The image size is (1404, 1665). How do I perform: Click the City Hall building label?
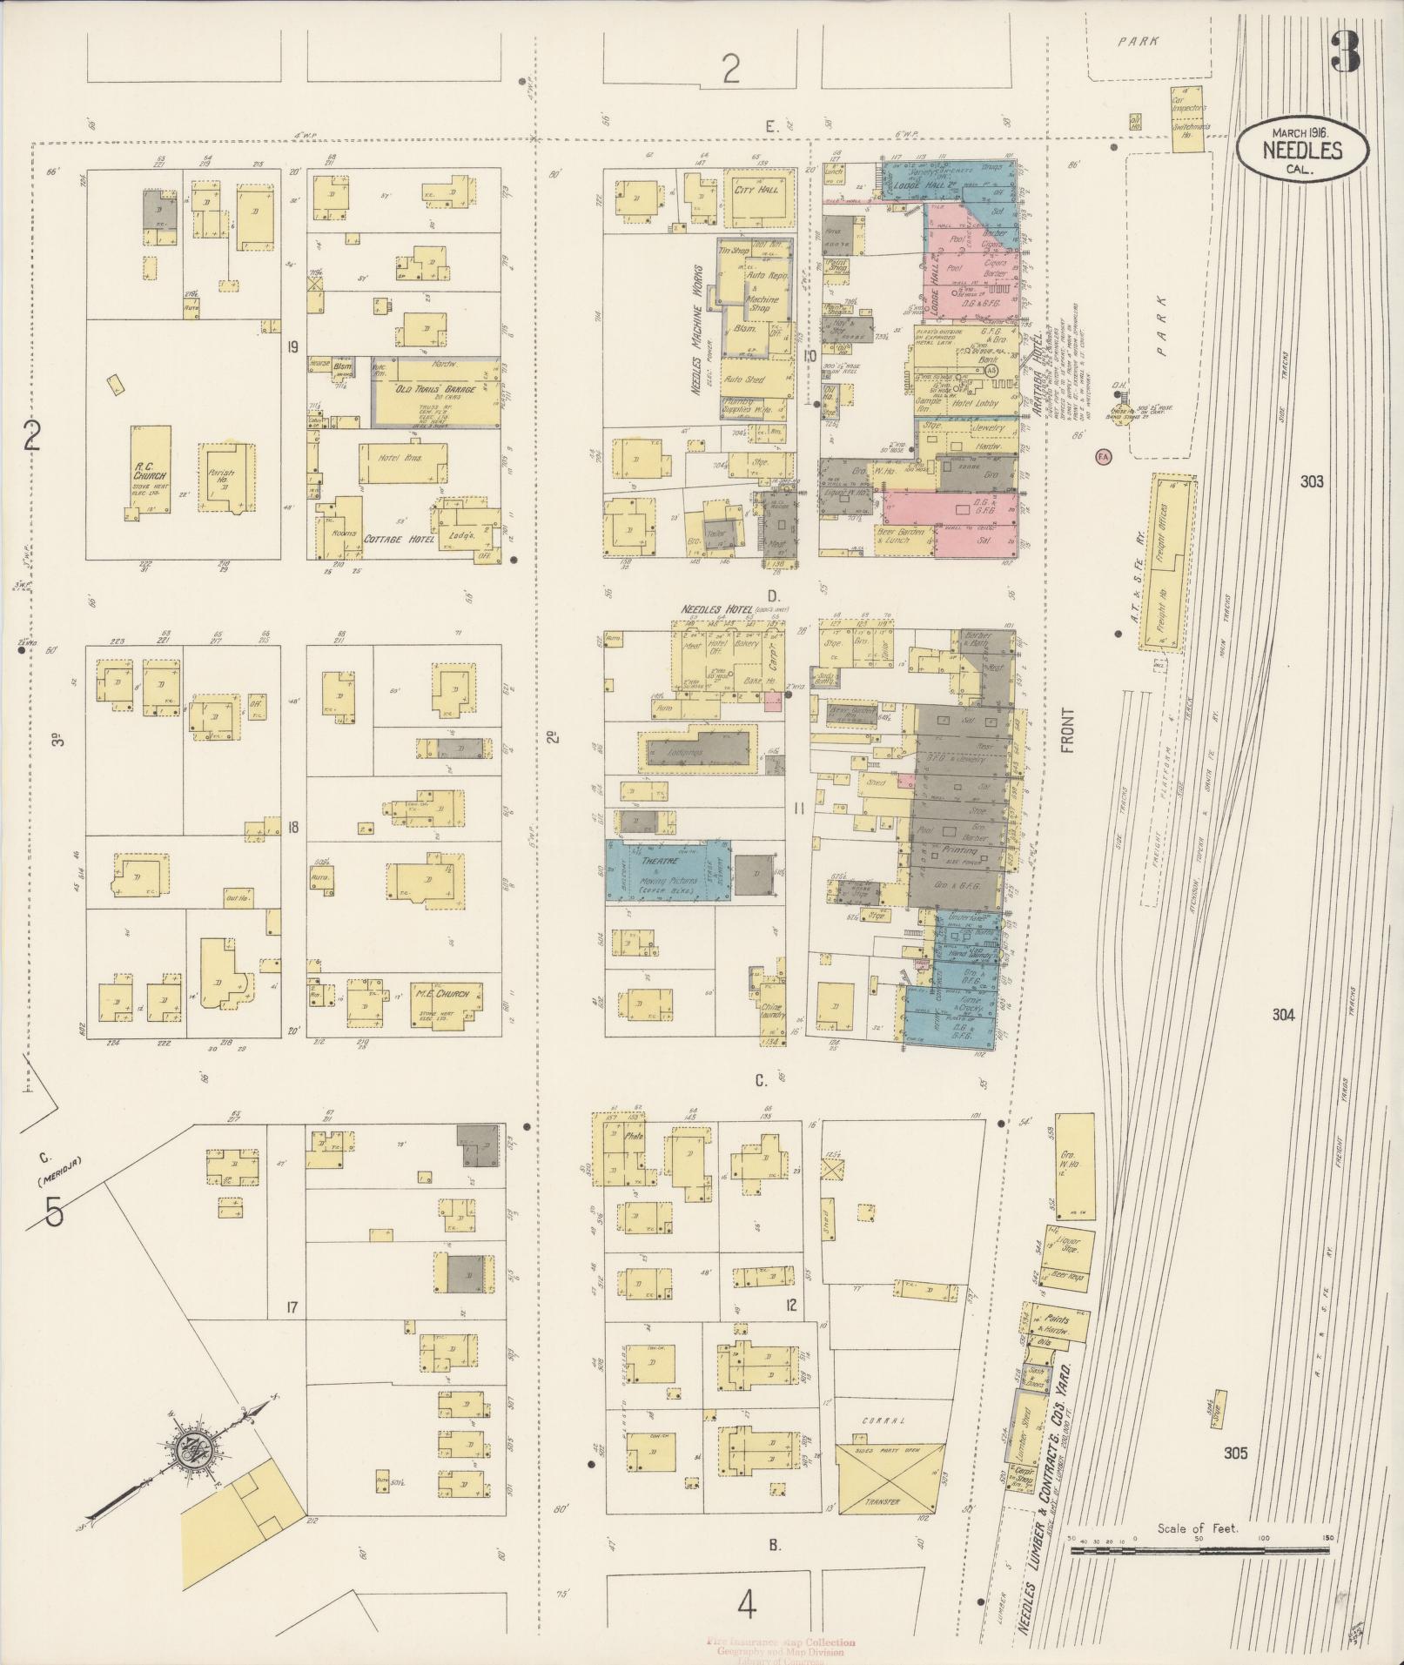756,189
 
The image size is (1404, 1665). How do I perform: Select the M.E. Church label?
442,994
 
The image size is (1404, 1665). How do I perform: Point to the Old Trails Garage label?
436,389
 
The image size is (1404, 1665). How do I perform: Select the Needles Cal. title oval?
1300,151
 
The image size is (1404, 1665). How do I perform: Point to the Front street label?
1068,729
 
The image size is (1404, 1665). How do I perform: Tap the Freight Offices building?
1164,561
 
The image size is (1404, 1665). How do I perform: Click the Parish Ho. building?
229,477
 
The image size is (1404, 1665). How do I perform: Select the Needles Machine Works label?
697,331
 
